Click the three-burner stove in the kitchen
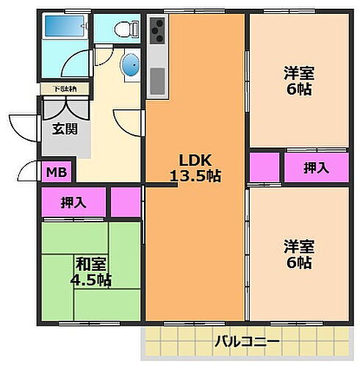coord(156,32)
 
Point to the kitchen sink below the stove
coord(156,78)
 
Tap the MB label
coord(57,173)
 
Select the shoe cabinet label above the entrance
coord(62,90)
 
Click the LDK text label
coord(194,160)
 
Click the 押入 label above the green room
coord(72,202)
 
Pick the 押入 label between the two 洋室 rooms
coord(317,167)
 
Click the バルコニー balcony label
coord(247,341)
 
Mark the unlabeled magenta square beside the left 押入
coord(126,202)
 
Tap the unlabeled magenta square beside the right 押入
coord(264,167)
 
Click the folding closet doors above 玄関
coord(64,107)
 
